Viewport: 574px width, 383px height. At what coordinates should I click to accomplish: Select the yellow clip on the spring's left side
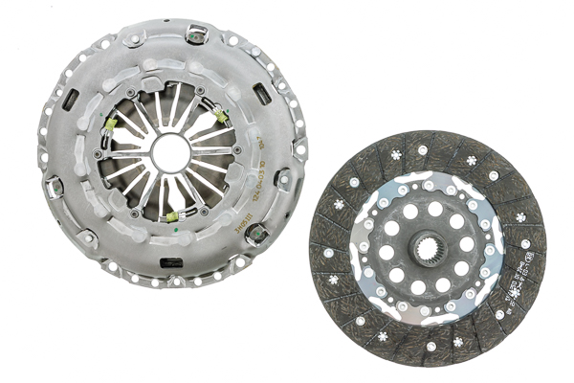pyautogui.click(x=110, y=124)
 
